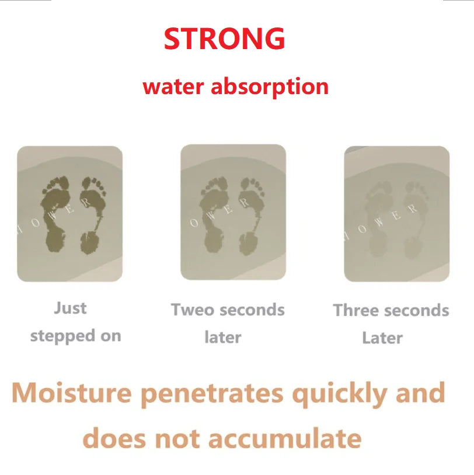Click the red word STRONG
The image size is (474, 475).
[224, 39]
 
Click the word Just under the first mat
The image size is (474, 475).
[70, 308]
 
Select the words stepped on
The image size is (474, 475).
[75, 336]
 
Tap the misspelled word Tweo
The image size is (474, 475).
[190, 310]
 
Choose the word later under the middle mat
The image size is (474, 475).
[222, 337]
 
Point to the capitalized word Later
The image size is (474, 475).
[382, 338]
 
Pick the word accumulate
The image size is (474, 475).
[284, 438]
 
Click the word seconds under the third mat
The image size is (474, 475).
[419, 310]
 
